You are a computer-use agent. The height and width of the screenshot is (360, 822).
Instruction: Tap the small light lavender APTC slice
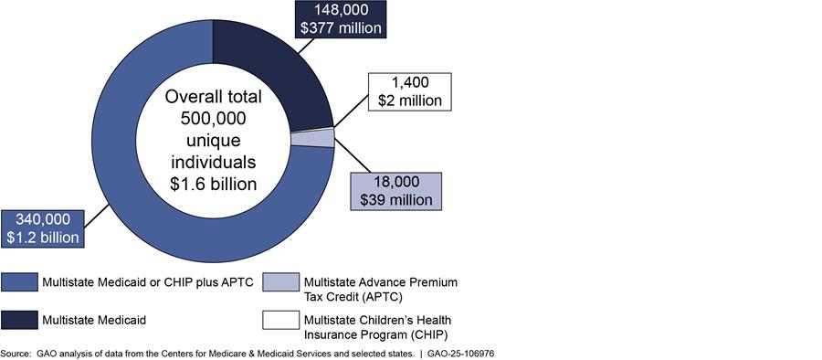point(313,138)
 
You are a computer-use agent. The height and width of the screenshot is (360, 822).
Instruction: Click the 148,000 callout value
point(341,10)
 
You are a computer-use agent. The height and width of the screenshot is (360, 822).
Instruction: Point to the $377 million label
point(341,27)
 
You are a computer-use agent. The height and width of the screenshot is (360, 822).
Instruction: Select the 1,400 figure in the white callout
point(410,82)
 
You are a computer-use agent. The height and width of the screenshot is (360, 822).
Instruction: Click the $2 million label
point(410,100)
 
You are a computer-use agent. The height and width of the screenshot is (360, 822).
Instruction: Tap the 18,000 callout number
point(396,182)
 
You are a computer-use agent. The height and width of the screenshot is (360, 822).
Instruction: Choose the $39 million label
point(396,200)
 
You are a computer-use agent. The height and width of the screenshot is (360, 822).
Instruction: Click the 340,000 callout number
point(43,219)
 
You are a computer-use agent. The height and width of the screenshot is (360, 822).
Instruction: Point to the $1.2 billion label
point(43,238)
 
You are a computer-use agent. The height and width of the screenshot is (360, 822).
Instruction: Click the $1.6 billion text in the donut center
point(213,184)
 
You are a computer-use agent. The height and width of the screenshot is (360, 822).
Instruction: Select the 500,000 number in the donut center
point(213,119)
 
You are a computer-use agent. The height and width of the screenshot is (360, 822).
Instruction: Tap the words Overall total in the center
point(213,97)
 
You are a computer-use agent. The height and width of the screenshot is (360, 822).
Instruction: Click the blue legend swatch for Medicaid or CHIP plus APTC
point(19,281)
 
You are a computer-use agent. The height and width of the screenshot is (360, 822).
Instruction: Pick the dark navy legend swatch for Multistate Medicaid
point(19,320)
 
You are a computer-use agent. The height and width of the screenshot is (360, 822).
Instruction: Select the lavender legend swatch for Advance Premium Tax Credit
point(281,281)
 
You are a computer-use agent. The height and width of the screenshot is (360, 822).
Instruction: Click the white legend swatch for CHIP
point(281,320)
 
